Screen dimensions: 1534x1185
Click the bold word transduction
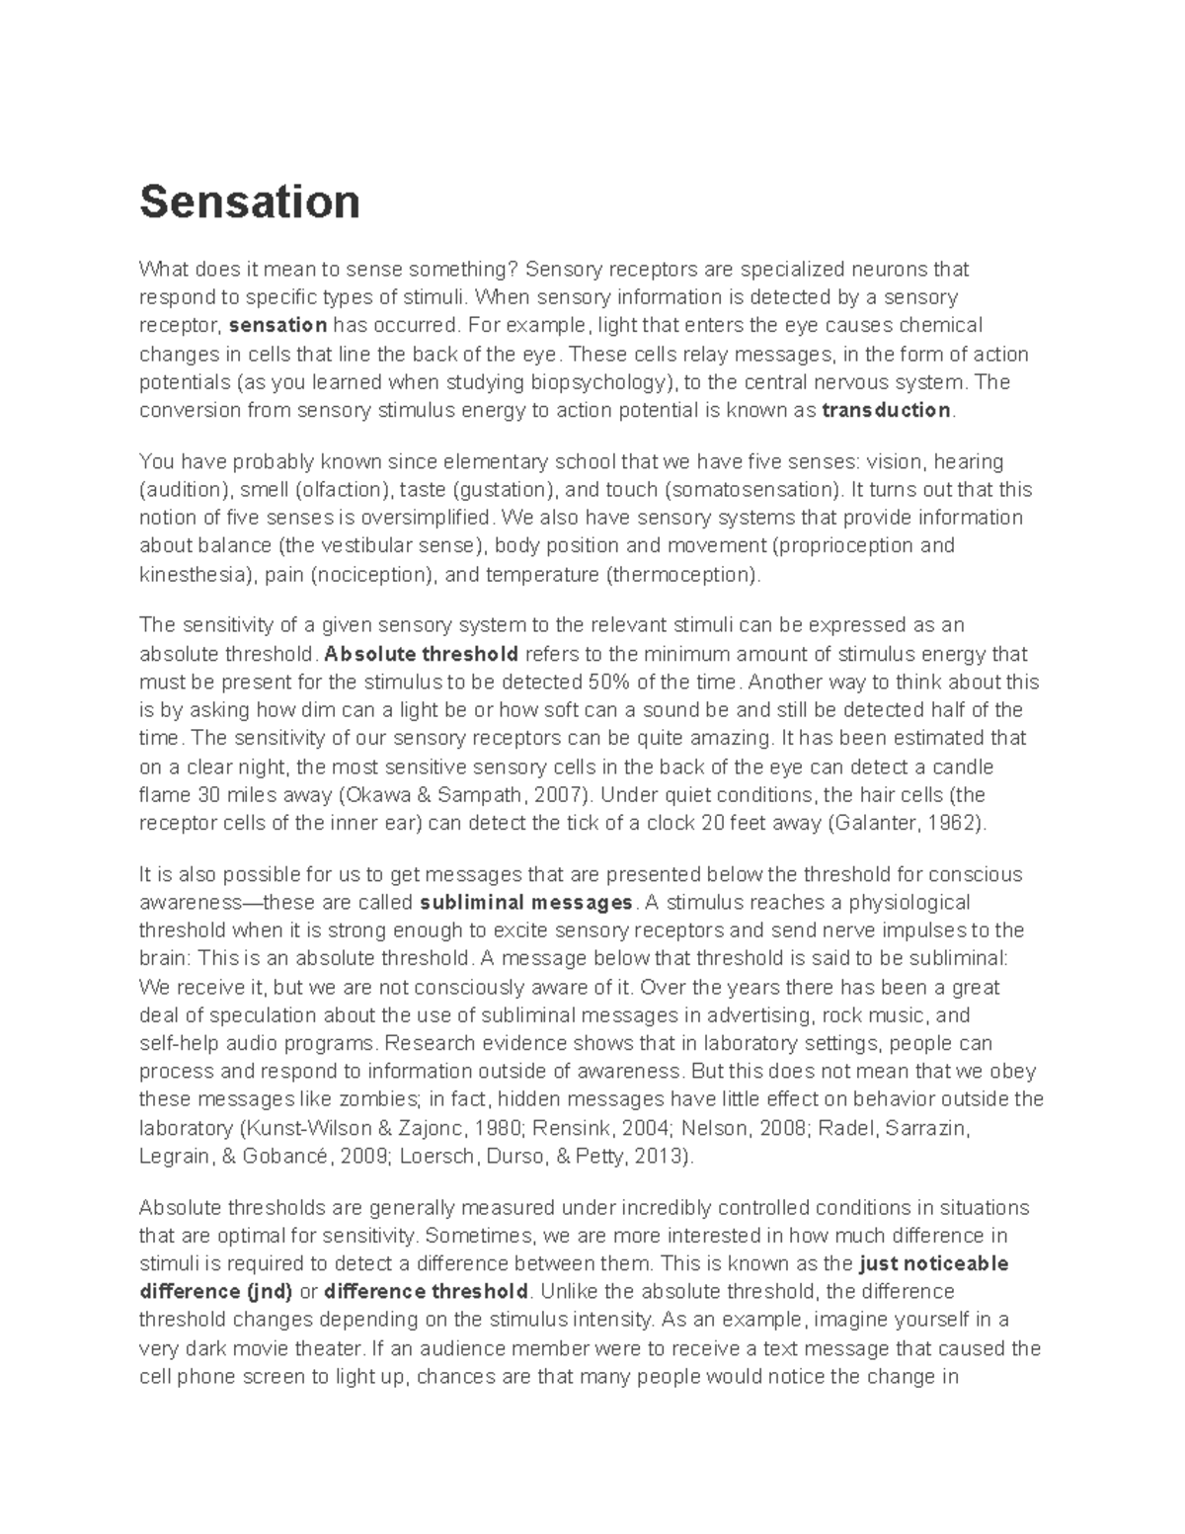click(x=886, y=410)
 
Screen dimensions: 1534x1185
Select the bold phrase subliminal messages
click(x=526, y=902)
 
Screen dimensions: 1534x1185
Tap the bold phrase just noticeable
click(x=934, y=1263)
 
